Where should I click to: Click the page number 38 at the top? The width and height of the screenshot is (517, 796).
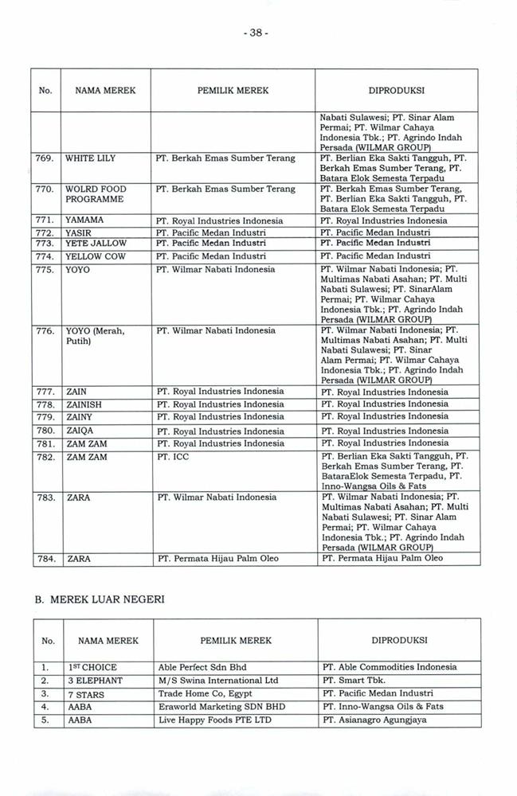(x=259, y=33)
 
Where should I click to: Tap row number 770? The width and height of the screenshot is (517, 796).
(x=45, y=189)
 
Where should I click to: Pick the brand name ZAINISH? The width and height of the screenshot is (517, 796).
(x=88, y=404)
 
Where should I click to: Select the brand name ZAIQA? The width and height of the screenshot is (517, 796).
(x=84, y=431)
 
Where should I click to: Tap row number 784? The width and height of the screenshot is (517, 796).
(x=45, y=559)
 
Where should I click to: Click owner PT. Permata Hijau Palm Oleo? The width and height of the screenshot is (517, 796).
(x=217, y=559)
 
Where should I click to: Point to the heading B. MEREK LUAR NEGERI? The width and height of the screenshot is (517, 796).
(x=99, y=599)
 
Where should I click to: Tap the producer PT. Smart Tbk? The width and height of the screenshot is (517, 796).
(x=351, y=681)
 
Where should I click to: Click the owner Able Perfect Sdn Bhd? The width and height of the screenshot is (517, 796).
(x=202, y=667)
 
